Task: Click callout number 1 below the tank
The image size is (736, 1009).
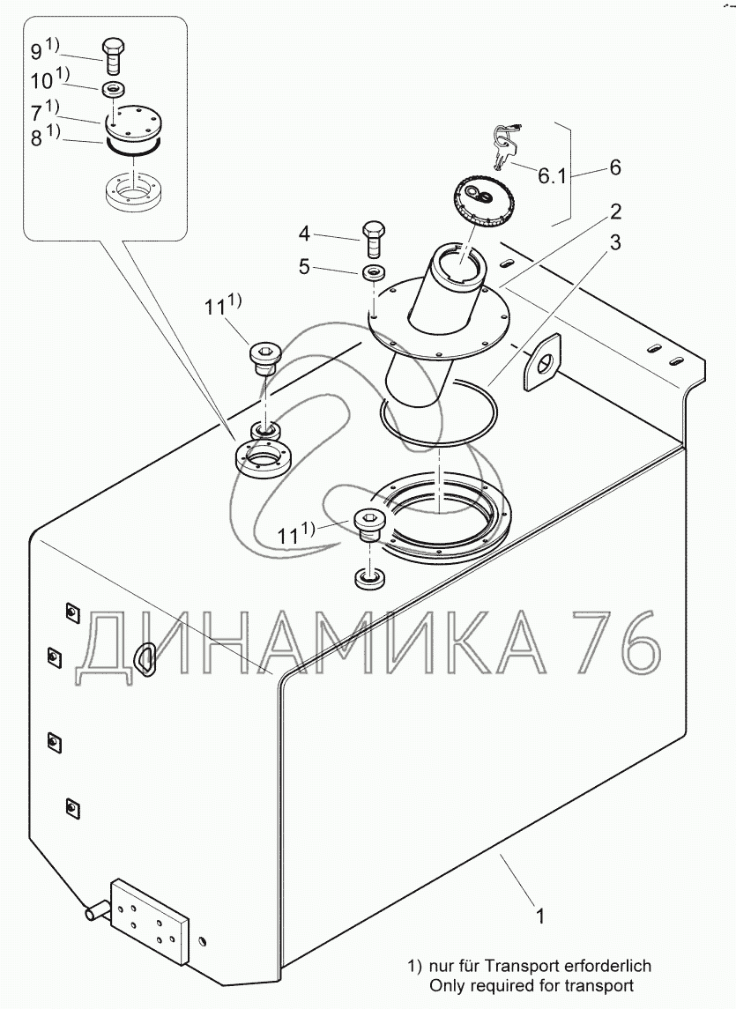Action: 541,916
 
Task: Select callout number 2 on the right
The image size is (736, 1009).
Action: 615,211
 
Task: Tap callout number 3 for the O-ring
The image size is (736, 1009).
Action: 615,243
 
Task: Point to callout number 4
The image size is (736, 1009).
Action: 305,234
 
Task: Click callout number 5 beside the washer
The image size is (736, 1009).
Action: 305,266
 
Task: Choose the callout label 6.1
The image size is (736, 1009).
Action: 552,175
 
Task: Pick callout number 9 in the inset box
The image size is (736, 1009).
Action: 37,50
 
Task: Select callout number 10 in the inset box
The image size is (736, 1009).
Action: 41,81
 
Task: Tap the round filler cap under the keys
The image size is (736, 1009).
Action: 481,199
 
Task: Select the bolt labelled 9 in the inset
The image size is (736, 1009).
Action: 114,56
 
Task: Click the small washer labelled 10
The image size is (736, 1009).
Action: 114,89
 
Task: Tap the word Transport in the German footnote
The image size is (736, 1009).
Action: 523,966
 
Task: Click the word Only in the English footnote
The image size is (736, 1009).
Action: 446,986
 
